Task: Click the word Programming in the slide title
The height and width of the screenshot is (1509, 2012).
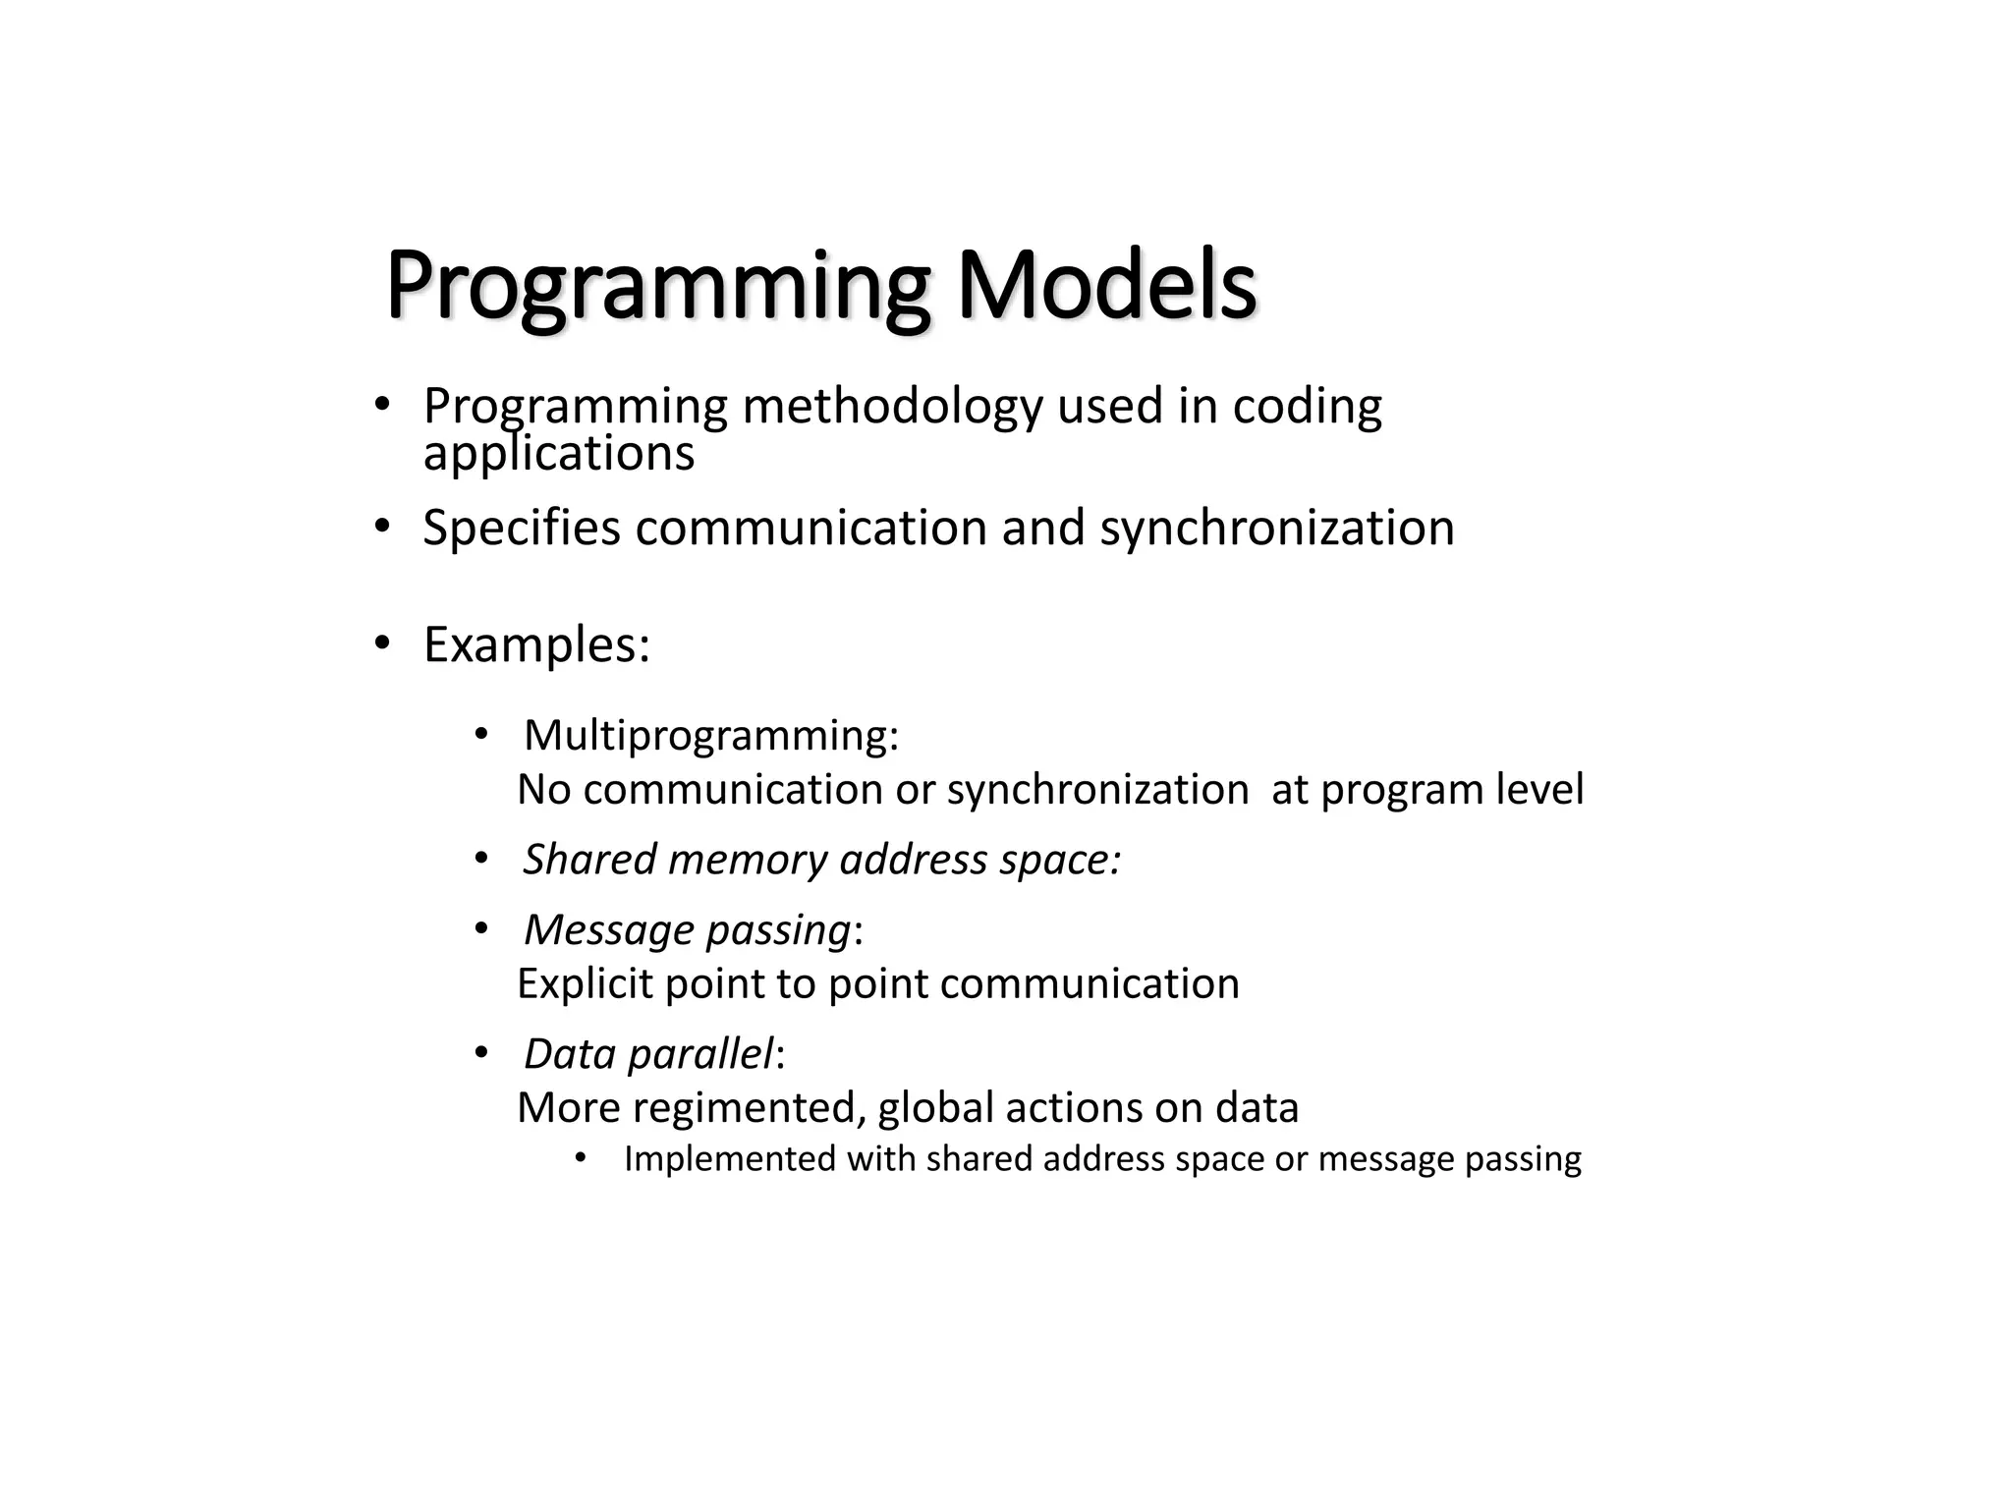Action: click(656, 287)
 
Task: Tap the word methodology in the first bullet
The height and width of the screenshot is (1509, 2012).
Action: click(892, 407)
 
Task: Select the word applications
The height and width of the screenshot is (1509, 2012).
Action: click(558, 454)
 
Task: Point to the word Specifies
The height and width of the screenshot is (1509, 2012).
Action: click(521, 529)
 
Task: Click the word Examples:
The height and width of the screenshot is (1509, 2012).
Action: click(536, 645)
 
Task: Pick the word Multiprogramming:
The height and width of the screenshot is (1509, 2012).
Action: click(711, 735)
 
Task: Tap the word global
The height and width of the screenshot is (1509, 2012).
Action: click(934, 1108)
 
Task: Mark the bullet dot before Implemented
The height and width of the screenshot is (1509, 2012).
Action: click(581, 1158)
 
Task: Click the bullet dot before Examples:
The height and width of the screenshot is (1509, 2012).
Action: click(382, 644)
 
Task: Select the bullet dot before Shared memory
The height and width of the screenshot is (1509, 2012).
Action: click(480, 859)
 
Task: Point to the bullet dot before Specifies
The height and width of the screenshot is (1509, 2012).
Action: click(382, 527)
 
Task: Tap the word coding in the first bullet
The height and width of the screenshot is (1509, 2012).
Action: click(1307, 407)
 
